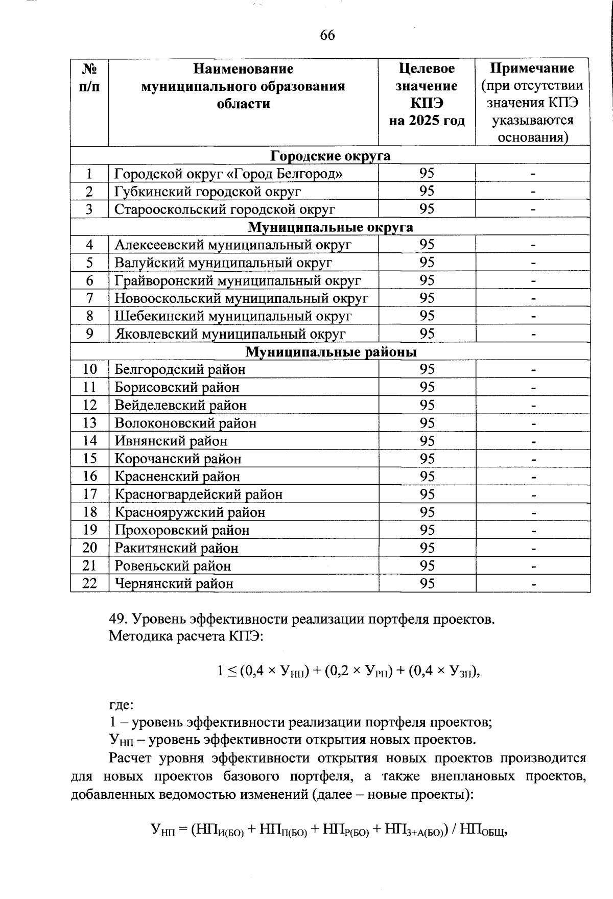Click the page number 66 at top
(327, 35)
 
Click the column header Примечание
(532, 68)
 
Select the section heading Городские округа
(330, 155)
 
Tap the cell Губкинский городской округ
(207, 192)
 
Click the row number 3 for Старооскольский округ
(89, 209)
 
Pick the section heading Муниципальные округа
(330, 227)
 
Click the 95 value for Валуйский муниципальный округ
(427, 263)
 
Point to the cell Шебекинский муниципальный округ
(233, 316)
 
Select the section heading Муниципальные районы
(331, 352)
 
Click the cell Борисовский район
(177, 387)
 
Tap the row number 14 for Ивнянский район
(89, 441)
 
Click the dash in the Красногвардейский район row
(533, 495)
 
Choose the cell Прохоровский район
(182, 530)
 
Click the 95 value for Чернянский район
(427, 583)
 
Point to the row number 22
(89, 583)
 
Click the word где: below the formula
(121, 705)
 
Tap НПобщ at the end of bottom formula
(482, 831)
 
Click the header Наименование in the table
(243, 68)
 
